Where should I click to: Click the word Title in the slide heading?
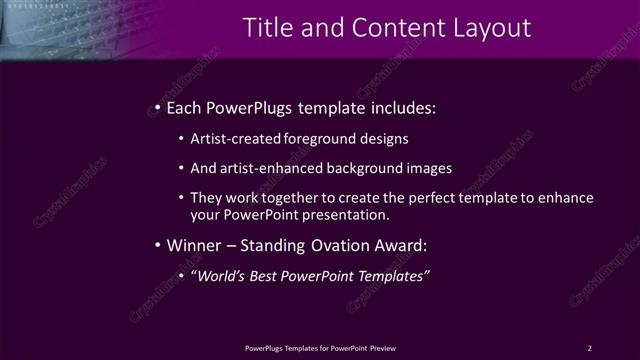coord(244,26)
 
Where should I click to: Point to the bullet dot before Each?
coord(158,107)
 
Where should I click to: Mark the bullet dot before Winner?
coord(158,245)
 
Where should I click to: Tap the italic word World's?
coord(222,276)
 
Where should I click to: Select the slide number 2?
coord(589,347)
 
